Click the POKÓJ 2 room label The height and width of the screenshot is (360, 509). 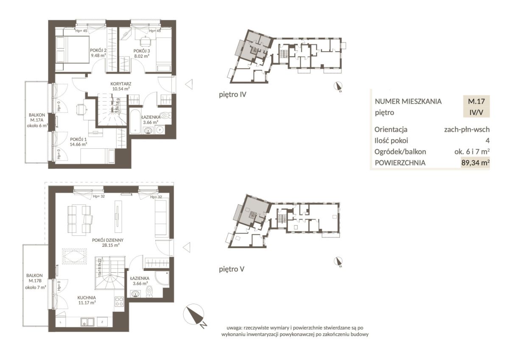98,50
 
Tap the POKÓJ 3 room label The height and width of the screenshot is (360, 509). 142,51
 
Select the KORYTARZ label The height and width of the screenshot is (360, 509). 120,84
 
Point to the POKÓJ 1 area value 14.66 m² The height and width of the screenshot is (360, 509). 78,144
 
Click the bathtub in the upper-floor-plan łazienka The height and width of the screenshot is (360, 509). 136,121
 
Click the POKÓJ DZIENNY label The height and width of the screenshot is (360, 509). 108,240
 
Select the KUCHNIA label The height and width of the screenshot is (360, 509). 87,298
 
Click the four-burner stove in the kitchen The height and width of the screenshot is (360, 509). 119,301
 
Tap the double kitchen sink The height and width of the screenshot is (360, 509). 87,322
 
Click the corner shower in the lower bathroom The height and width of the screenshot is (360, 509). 162,278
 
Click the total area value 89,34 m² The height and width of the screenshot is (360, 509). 475,163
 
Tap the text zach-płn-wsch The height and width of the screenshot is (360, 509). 467,129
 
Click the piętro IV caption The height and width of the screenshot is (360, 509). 232,95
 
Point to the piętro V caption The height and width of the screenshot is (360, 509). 232,269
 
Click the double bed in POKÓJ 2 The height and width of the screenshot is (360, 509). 72,49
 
